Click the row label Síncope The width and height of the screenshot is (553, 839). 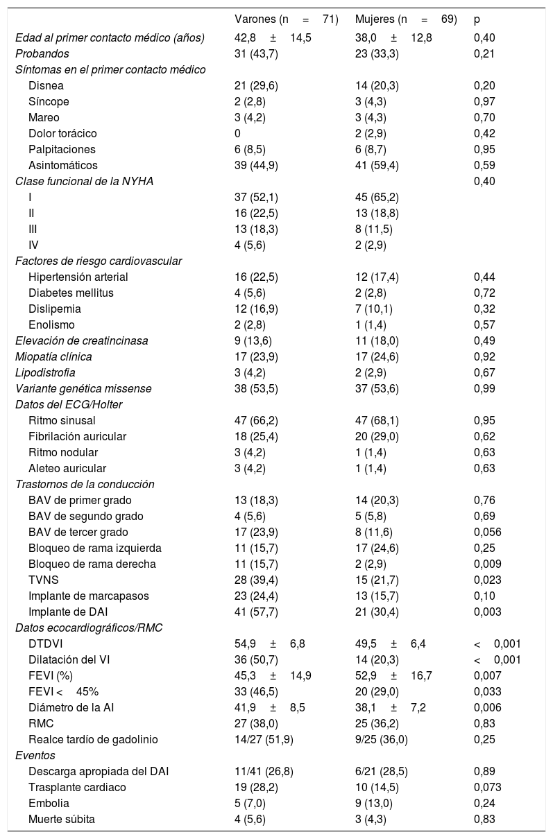click(x=49, y=101)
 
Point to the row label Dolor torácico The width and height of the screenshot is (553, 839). click(x=62, y=133)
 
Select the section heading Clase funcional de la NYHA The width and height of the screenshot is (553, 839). click(x=84, y=181)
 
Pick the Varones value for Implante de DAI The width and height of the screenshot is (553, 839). click(x=256, y=612)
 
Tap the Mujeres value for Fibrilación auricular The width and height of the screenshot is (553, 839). click(x=376, y=436)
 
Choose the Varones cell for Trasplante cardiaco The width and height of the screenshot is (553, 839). click(x=256, y=788)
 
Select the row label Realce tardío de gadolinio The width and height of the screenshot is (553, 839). click(x=93, y=739)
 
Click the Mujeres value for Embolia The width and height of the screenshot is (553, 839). click(x=373, y=804)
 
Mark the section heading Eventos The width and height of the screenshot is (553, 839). click(x=35, y=755)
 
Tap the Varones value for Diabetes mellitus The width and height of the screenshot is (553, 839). click(x=250, y=293)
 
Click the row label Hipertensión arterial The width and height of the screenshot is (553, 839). click(x=78, y=277)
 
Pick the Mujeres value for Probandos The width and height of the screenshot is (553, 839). click(x=376, y=53)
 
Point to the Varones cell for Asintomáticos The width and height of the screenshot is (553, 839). click(x=256, y=165)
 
